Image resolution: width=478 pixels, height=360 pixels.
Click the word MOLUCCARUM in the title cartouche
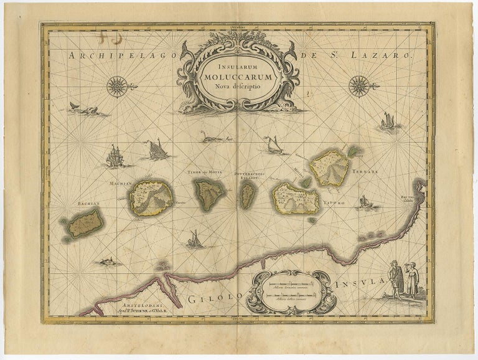238,77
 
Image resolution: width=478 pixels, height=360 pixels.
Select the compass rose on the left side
118,87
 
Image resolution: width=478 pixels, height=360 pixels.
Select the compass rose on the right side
359,86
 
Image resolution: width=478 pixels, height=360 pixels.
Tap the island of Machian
151,197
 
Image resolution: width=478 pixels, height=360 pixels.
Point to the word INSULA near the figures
358,285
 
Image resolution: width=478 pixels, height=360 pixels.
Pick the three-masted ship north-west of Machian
115,156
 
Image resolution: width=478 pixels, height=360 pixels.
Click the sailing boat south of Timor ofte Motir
195,239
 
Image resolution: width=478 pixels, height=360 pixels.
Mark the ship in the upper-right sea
388,121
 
